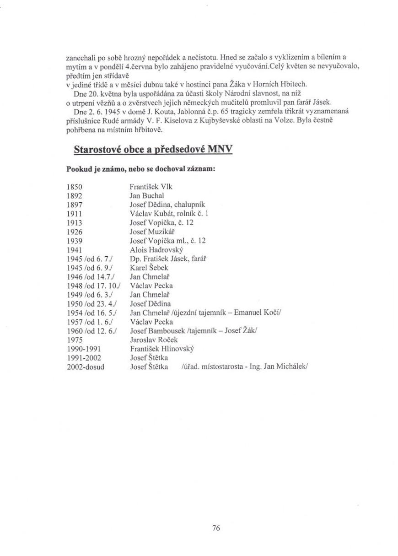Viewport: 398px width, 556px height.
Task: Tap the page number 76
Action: (x=216, y=528)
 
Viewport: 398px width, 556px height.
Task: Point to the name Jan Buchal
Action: (x=144, y=195)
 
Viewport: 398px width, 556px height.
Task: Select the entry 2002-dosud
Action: (x=85, y=367)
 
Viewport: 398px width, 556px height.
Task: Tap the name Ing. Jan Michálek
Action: (x=288, y=367)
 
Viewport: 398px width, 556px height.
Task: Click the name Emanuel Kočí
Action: (x=252, y=313)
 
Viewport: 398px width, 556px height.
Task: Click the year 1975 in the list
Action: (x=74, y=340)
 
